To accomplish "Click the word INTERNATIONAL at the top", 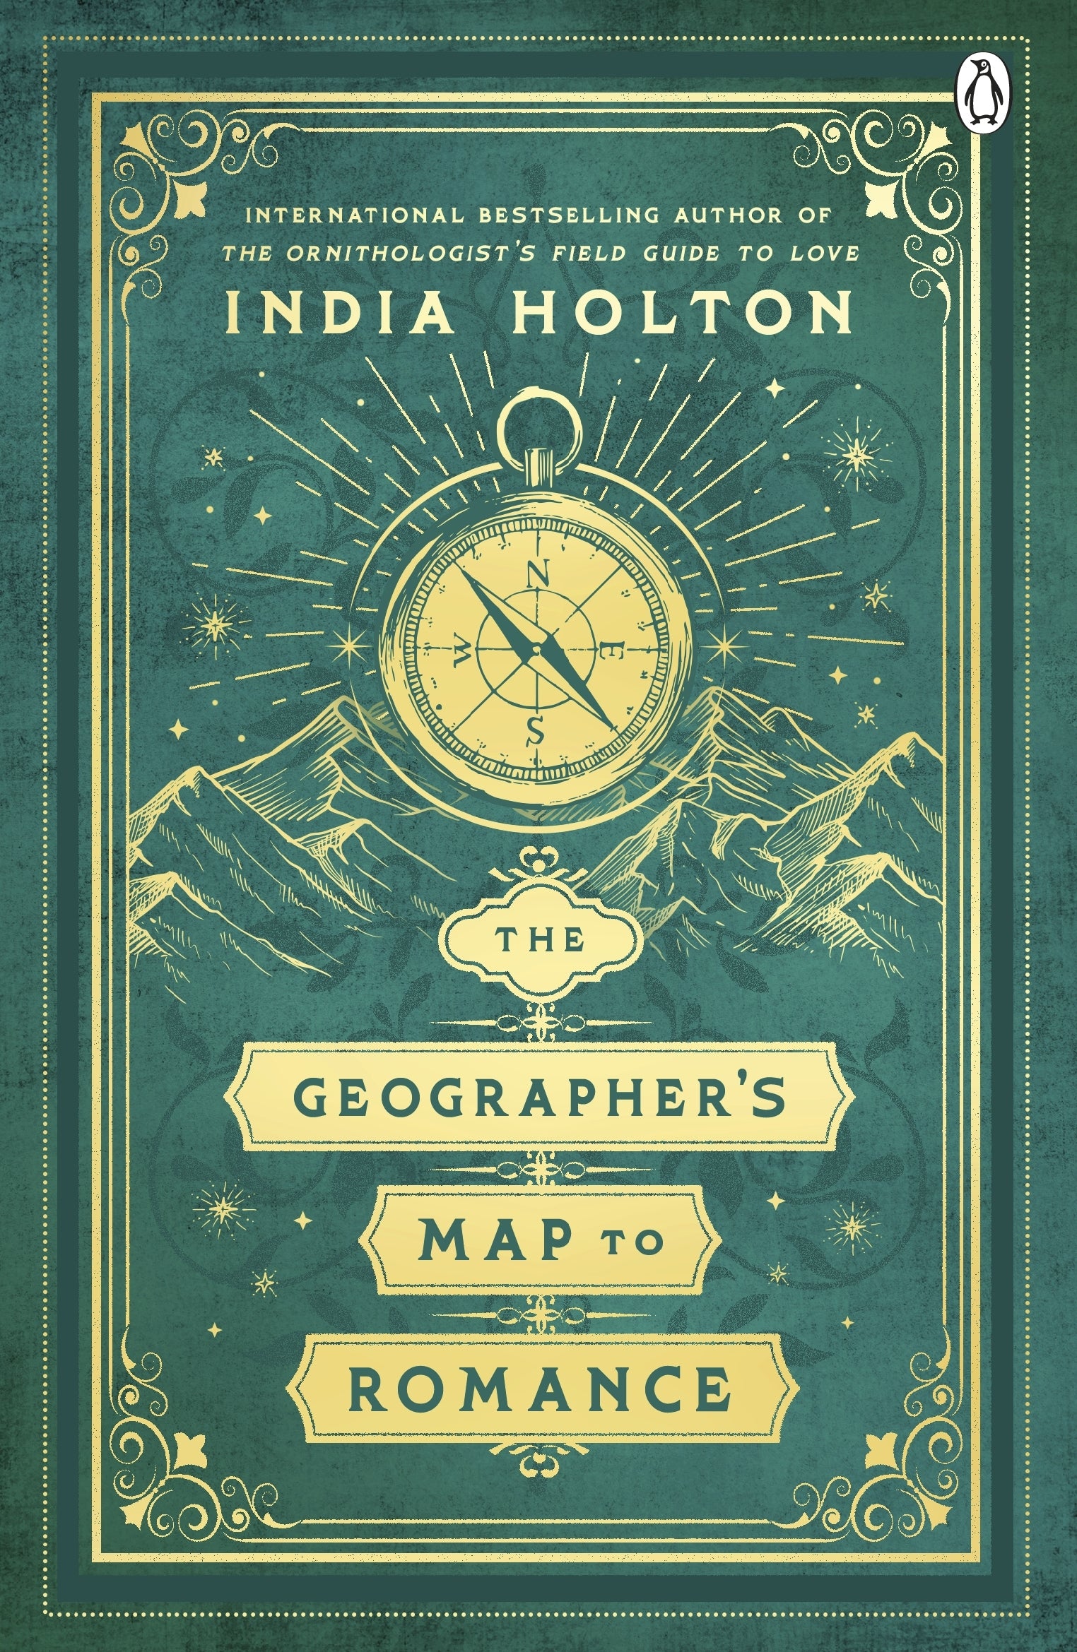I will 351,215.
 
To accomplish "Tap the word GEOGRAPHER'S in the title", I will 540,1098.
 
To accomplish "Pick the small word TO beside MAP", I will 641,1245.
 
